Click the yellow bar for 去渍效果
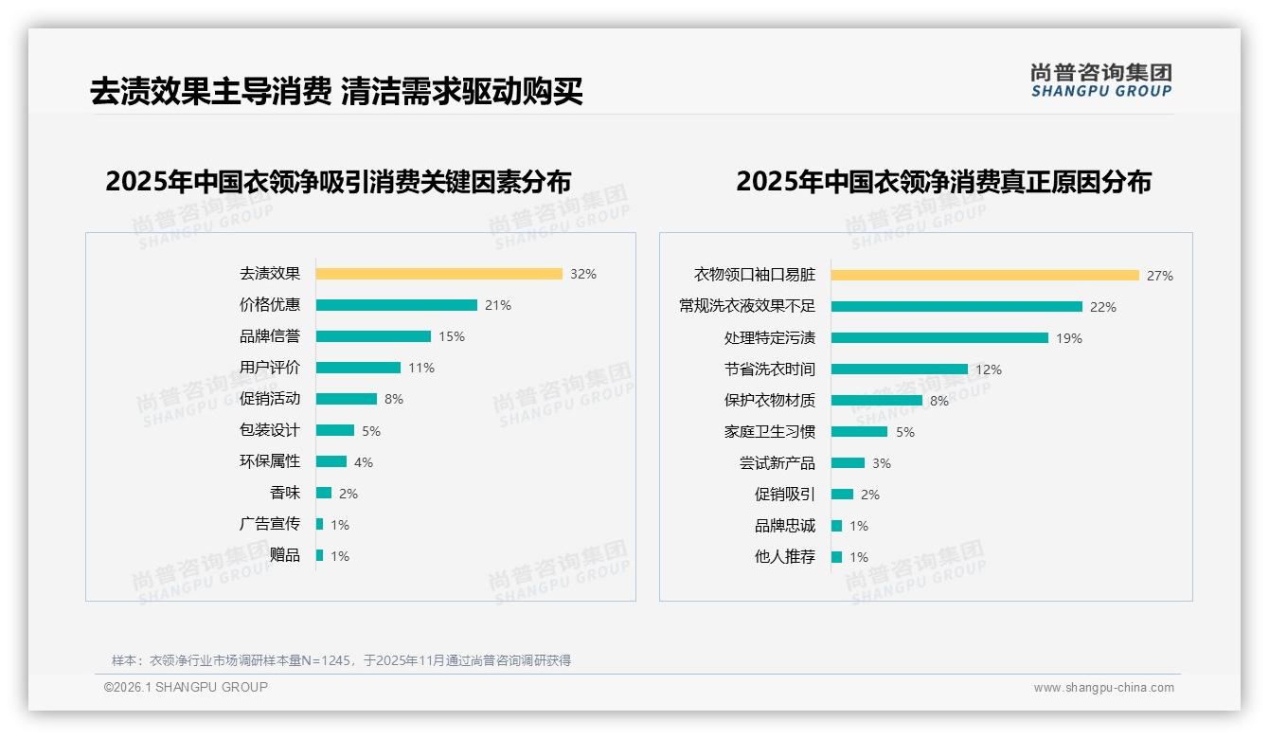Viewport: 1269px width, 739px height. (x=438, y=274)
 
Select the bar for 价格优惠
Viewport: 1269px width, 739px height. (x=396, y=305)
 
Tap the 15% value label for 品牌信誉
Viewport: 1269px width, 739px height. (x=452, y=336)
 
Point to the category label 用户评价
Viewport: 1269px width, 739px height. (x=270, y=368)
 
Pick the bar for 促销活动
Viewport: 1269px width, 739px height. (x=346, y=399)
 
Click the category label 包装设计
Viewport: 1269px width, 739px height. (x=270, y=430)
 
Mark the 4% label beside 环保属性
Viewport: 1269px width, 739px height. (x=364, y=462)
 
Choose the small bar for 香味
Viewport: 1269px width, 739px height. (x=324, y=493)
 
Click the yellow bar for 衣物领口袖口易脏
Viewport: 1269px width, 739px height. (x=985, y=276)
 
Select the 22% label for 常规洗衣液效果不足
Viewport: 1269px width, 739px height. (x=1103, y=307)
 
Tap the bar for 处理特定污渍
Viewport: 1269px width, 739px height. (x=939, y=338)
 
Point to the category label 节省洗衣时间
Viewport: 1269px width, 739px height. (x=770, y=369)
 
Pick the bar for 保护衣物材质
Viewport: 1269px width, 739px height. (x=876, y=401)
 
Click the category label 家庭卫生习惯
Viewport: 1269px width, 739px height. (x=770, y=432)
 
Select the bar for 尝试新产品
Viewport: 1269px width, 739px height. (x=848, y=463)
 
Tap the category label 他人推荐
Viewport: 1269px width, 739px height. (x=785, y=557)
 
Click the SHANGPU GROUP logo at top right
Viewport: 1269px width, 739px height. (x=1101, y=81)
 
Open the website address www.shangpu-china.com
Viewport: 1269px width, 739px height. (x=1103, y=688)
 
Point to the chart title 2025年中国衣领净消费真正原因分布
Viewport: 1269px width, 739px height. (x=943, y=182)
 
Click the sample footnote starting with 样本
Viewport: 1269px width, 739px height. (x=341, y=660)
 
